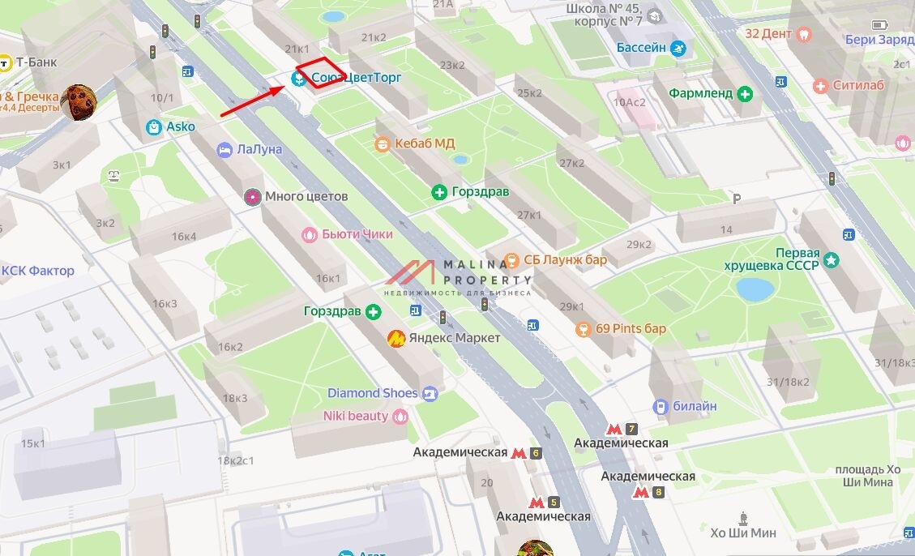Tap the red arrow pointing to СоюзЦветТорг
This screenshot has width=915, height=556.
251,100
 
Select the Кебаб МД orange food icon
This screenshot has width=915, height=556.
383,144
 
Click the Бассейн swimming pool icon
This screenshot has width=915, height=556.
678,49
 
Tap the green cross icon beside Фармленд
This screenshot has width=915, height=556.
745,93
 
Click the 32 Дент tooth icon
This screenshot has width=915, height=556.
804,34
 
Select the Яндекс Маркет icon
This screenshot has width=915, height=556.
396,338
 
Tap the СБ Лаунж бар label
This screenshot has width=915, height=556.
565,260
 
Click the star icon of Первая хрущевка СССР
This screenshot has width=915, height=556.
832,260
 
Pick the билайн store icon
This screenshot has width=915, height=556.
661,406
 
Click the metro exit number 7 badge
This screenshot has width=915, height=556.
631,429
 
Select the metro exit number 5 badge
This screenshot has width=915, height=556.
554,502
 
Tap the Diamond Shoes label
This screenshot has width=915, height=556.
372,393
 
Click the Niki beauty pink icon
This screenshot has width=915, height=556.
400,417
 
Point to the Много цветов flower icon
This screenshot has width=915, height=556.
253,197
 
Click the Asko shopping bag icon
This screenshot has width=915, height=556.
153,127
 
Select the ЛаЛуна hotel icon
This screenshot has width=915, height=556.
224,150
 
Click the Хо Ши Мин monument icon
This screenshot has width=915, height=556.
743,517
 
